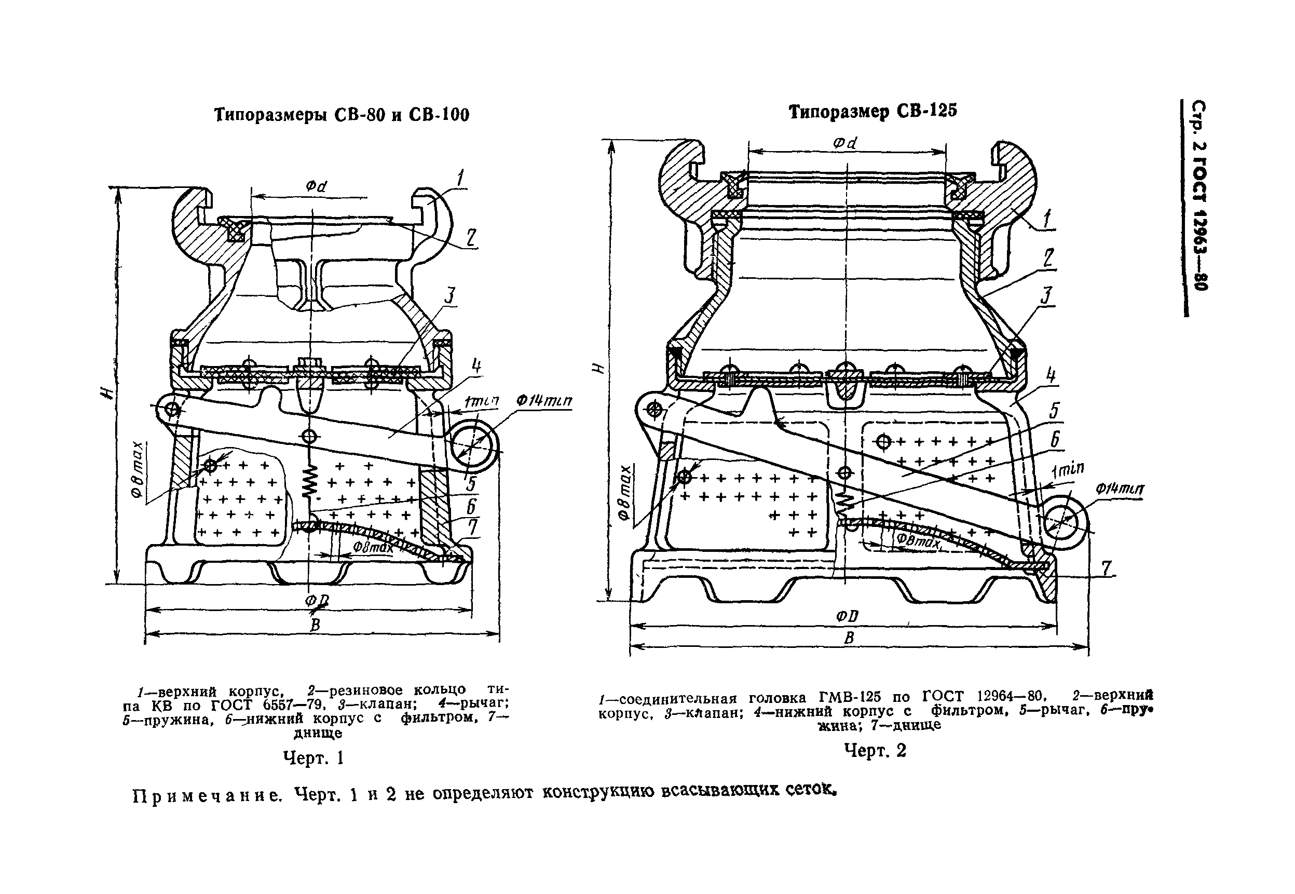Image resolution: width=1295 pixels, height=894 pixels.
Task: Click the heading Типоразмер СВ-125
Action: point(873,112)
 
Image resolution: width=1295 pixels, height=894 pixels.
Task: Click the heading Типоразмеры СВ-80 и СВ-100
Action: point(342,115)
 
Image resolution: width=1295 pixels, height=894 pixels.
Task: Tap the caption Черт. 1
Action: point(313,758)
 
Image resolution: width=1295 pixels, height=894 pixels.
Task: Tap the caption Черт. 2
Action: point(875,750)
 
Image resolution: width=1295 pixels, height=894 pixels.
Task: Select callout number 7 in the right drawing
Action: point(1106,568)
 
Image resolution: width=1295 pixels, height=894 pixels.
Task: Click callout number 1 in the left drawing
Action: point(460,179)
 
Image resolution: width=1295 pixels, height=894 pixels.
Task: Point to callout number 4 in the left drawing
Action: point(476,367)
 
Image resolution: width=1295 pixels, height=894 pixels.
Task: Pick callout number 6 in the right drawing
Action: point(1054,440)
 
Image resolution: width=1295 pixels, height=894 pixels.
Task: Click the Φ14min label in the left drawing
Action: point(543,401)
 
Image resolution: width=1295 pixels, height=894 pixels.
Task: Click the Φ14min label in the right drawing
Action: point(1120,489)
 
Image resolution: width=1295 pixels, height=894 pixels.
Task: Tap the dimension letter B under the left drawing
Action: point(315,625)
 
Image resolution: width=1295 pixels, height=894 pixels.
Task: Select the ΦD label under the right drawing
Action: point(847,617)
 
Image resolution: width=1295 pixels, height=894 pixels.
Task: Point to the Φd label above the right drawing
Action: point(846,143)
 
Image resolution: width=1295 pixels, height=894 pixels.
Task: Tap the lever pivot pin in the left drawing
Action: point(172,410)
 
